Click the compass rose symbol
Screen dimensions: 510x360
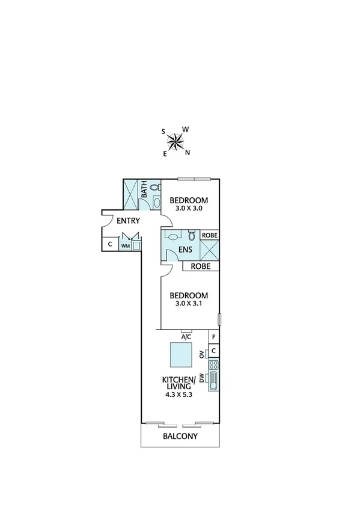pyautogui.click(x=175, y=141)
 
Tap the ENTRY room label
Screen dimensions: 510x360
pyautogui.click(x=128, y=221)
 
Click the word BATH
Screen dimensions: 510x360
pyautogui.click(x=145, y=192)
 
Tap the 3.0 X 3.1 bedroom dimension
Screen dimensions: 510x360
pyautogui.click(x=189, y=304)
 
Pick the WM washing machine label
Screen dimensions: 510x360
pyautogui.click(x=126, y=245)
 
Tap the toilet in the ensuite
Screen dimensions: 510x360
pyautogui.click(x=192, y=235)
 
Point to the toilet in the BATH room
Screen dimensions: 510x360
pyautogui.click(x=156, y=188)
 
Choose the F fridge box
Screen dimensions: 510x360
pyautogui.click(x=213, y=337)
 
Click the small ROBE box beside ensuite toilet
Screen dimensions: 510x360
pyautogui.click(x=209, y=235)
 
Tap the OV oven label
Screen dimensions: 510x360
pyautogui.click(x=203, y=355)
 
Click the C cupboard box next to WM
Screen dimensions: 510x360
pyautogui.click(x=110, y=244)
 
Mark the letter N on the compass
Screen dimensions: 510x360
pyautogui.click(x=188, y=152)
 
